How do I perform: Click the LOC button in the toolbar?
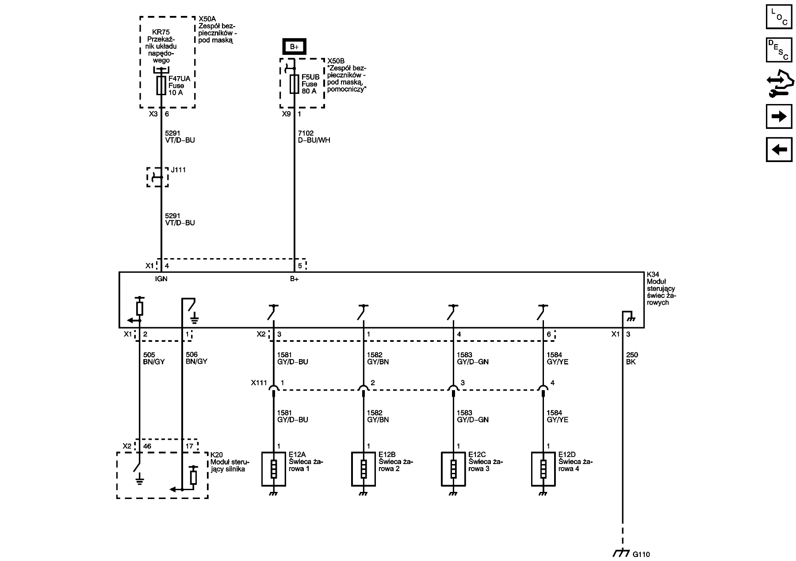[779, 16]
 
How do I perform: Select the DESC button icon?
[779, 50]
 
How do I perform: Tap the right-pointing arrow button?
[779, 116]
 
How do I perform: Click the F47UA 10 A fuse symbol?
[161, 85]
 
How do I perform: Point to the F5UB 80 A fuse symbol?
[294, 84]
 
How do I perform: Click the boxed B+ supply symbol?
[294, 46]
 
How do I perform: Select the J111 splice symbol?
[157, 177]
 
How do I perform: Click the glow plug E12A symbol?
[273, 469]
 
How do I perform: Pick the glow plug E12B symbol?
[364, 469]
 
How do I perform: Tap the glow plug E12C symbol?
[453, 469]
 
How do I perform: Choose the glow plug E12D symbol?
[543, 469]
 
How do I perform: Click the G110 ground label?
[641, 554]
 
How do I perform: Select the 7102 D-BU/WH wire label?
[314, 137]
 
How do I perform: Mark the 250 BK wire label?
[632, 358]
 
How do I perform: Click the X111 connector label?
[259, 383]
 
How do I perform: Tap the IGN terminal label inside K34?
[161, 279]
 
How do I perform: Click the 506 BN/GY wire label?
[196, 358]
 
